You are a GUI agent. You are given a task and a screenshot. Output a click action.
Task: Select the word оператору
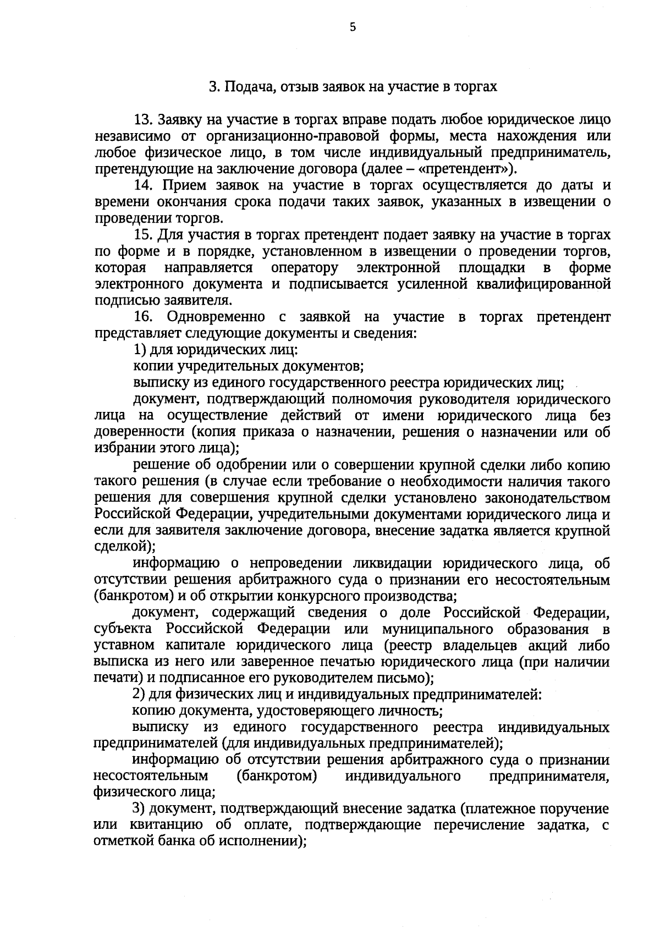click(x=305, y=268)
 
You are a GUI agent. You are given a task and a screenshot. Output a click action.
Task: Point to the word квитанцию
click(x=161, y=826)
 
